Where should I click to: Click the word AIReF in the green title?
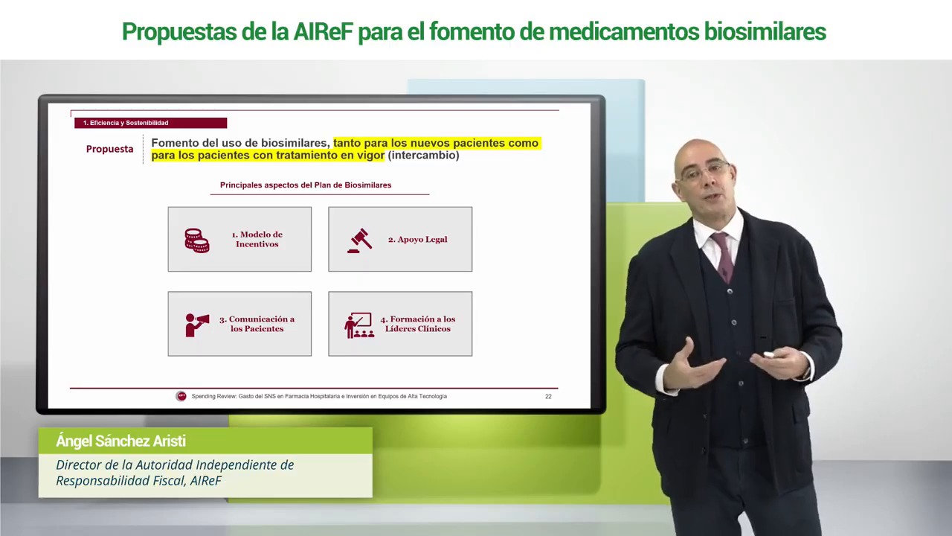pyautogui.click(x=324, y=31)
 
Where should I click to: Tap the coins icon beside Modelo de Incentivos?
pyautogui.click(x=197, y=240)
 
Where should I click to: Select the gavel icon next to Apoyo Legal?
pyautogui.click(x=359, y=240)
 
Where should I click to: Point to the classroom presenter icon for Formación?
pyautogui.click(x=359, y=325)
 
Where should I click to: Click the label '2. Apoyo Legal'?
pyautogui.click(x=417, y=240)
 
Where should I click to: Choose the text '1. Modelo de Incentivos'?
pyautogui.click(x=257, y=239)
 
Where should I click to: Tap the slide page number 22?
pyautogui.click(x=548, y=397)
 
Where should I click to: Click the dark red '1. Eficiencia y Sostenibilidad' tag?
pyautogui.click(x=150, y=123)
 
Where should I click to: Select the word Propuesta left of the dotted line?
pyautogui.click(x=109, y=149)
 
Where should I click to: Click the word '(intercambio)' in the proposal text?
pyautogui.click(x=423, y=156)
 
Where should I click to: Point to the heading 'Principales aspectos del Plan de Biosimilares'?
pyautogui.click(x=306, y=185)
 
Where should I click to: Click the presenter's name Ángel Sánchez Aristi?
pyautogui.click(x=120, y=441)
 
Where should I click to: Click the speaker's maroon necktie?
pyautogui.click(x=724, y=257)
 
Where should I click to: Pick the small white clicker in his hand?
pyautogui.click(x=769, y=355)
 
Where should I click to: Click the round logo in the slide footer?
pyautogui.click(x=181, y=396)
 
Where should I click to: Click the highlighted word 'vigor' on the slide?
pyautogui.click(x=370, y=156)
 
